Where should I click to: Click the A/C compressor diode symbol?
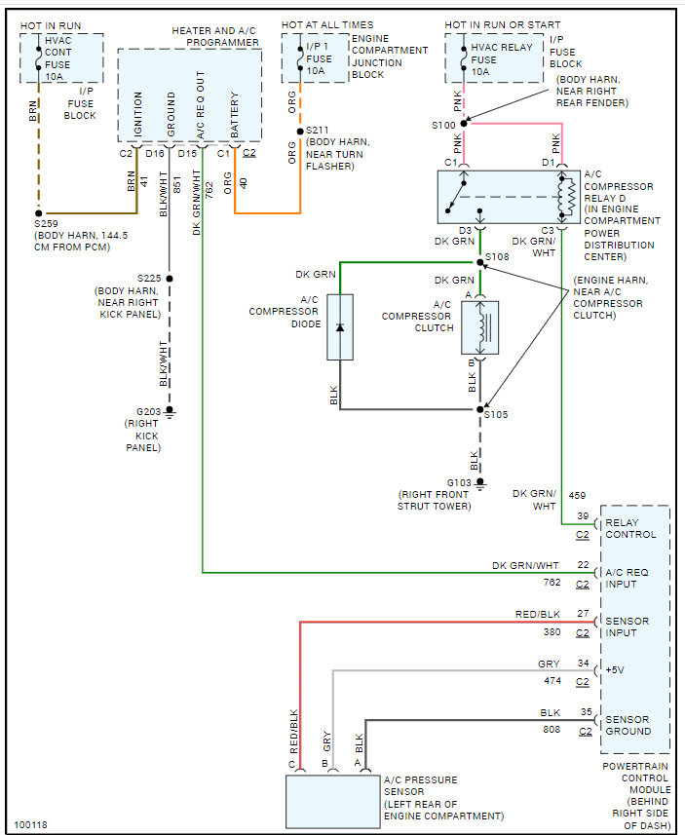[x=340, y=326]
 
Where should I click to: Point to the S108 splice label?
[x=498, y=257]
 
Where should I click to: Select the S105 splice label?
[x=497, y=414]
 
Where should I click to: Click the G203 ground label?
[x=148, y=411]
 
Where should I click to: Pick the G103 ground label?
[x=460, y=482]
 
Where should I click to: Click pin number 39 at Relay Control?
[x=583, y=516]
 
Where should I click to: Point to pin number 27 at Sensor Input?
[x=583, y=615]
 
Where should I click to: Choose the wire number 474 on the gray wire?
[x=552, y=680]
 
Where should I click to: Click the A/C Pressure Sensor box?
[x=331, y=800]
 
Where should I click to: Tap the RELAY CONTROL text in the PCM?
[x=630, y=528]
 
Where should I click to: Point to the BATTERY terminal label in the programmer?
[x=234, y=115]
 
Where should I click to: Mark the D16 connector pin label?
[x=155, y=153]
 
